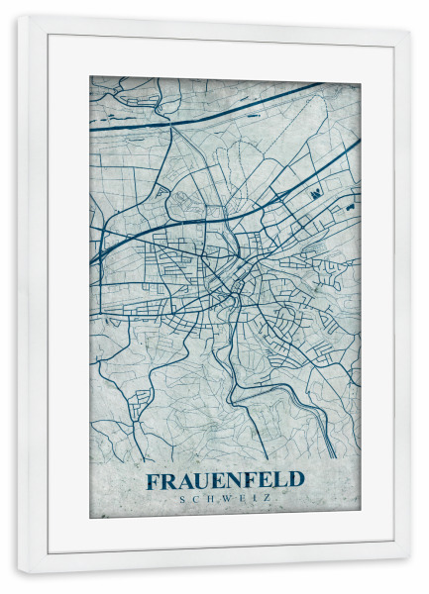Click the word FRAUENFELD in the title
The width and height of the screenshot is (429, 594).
click(226, 480)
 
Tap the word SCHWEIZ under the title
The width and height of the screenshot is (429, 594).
click(226, 498)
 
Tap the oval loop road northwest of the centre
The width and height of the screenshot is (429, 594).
click(182, 204)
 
